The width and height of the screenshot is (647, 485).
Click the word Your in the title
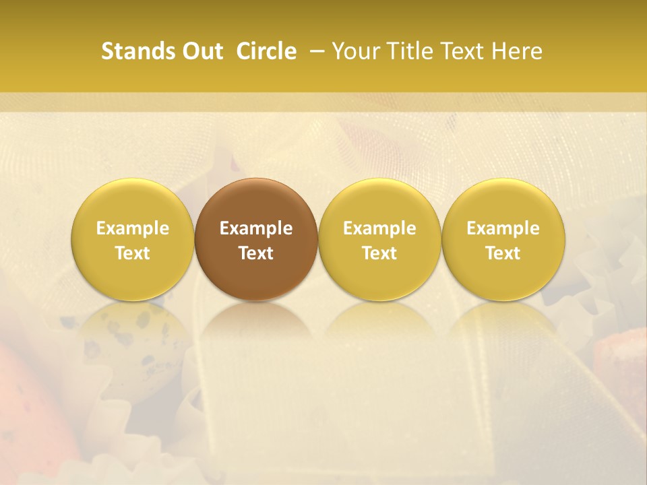click(x=355, y=51)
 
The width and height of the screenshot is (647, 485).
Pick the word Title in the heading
click(x=410, y=51)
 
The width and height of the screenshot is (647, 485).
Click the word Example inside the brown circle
click(x=256, y=228)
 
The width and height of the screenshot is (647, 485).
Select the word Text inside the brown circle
click(x=256, y=253)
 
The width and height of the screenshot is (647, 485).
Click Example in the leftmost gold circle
click(x=133, y=228)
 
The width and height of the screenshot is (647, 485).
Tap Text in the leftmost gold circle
click(x=133, y=253)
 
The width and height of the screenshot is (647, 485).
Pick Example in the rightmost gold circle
click(x=503, y=228)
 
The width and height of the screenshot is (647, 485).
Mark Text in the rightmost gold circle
click(x=503, y=253)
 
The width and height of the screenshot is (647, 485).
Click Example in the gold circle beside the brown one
click(x=379, y=228)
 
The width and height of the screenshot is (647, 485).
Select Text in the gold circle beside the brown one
click(x=379, y=253)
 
